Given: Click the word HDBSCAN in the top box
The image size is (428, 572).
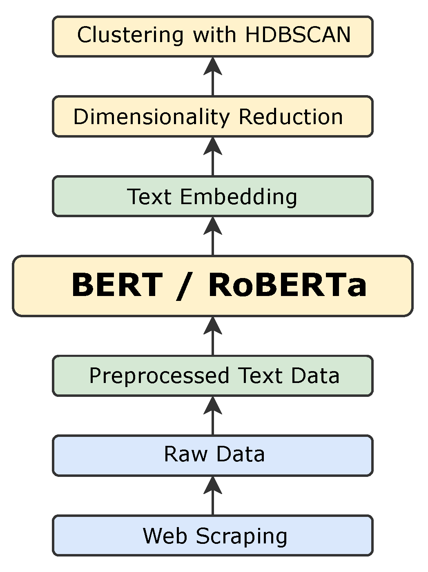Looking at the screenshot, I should tap(298, 35).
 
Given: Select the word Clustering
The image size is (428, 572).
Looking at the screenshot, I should tap(130, 35).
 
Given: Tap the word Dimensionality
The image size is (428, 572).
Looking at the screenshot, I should tap(152, 117).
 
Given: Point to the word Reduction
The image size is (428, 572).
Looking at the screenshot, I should tap(290, 117).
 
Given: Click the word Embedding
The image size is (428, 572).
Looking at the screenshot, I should tap(239, 197).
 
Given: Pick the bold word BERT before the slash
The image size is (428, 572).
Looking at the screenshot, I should tap(117, 285).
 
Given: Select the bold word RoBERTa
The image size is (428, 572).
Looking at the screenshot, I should tap(288, 285).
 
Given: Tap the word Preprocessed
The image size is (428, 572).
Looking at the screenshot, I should tap(159, 376).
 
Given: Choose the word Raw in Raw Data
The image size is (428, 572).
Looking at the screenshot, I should tap(185, 454).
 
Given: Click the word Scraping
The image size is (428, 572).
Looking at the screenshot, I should tap(241, 536).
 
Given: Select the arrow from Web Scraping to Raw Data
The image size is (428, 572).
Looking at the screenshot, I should tap(213, 495).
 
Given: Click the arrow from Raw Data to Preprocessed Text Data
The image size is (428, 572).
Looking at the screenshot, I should tap(213, 415).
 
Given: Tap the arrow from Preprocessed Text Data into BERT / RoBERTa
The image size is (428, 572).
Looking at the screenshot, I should tap(213, 336).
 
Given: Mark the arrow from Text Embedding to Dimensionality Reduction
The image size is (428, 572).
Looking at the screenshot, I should tap(213, 156).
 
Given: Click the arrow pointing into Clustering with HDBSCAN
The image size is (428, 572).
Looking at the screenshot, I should tap(213, 76).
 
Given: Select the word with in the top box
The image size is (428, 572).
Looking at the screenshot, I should tap(214, 35).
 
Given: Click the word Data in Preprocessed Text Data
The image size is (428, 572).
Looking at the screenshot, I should tap(315, 376).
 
